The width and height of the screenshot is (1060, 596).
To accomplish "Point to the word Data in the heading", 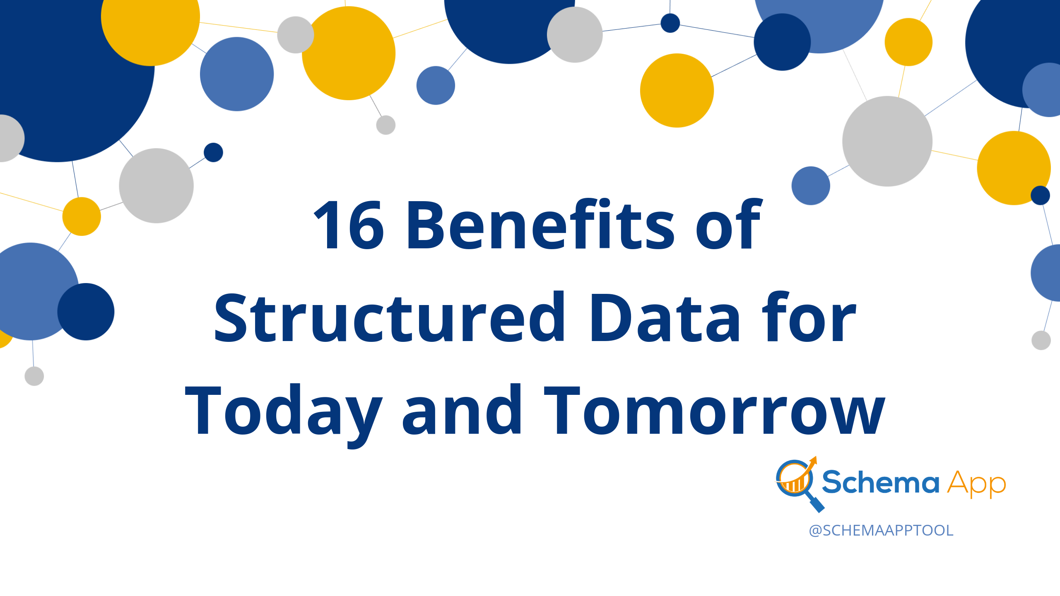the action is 665,318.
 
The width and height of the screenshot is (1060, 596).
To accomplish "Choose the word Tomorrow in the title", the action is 715,411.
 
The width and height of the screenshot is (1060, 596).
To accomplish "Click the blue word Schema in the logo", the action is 880,482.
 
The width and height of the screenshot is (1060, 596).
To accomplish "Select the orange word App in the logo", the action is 977,484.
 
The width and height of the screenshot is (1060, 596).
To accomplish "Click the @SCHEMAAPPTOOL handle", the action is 881,530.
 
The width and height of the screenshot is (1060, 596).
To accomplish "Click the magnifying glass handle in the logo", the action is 816,503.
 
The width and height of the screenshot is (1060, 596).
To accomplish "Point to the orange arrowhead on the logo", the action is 813,460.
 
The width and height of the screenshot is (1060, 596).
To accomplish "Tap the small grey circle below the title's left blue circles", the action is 34,376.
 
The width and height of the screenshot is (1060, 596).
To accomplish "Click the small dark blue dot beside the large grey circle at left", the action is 214,152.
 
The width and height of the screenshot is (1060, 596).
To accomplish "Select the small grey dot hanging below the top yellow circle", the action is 386,125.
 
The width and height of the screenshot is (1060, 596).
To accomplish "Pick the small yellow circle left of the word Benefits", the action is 82,216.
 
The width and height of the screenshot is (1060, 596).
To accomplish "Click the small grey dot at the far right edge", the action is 1041,340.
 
